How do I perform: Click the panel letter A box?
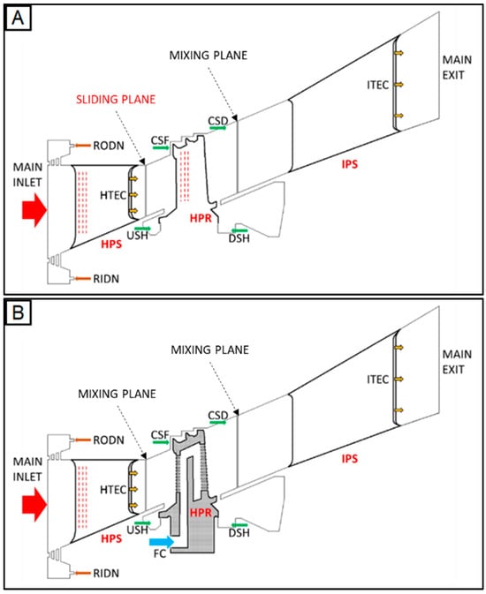tap(18, 19)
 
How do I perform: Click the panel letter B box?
tap(18, 313)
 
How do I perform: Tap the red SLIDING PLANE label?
tap(116, 100)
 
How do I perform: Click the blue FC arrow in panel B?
tap(162, 541)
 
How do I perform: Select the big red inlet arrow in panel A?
tap(34, 210)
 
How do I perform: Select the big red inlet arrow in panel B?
tap(34, 505)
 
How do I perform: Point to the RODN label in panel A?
tap(109, 146)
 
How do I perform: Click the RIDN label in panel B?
tap(106, 573)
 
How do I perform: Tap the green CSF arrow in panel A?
tap(161, 147)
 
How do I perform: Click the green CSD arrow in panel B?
tap(217, 422)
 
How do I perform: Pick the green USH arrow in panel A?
tap(142, 229)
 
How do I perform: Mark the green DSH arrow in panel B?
tap(239, 524)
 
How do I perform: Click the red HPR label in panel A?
tap(201, 218)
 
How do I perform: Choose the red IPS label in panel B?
tap(350, 459)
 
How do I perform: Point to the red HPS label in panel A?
tap(111, 244)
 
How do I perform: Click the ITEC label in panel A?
tap(378, 85)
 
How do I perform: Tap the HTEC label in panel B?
tap(113, 490)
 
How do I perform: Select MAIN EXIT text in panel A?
tap(457, 67)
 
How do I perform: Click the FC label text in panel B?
tap(160, 553)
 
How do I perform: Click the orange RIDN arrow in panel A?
tap(82, 279)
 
